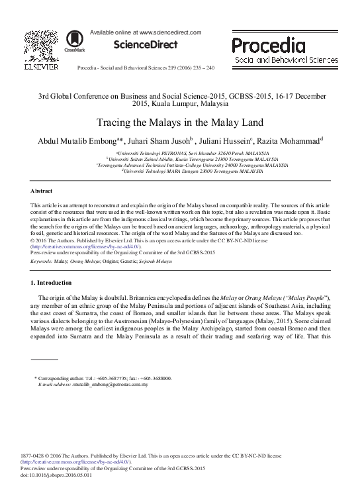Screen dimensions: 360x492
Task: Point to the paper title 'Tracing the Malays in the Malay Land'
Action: point(179,123)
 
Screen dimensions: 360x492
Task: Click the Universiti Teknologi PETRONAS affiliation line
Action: point(180,153)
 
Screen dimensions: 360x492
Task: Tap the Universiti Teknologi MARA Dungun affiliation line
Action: point(180,171)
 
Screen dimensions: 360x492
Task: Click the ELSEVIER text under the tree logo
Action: point(41,67)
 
